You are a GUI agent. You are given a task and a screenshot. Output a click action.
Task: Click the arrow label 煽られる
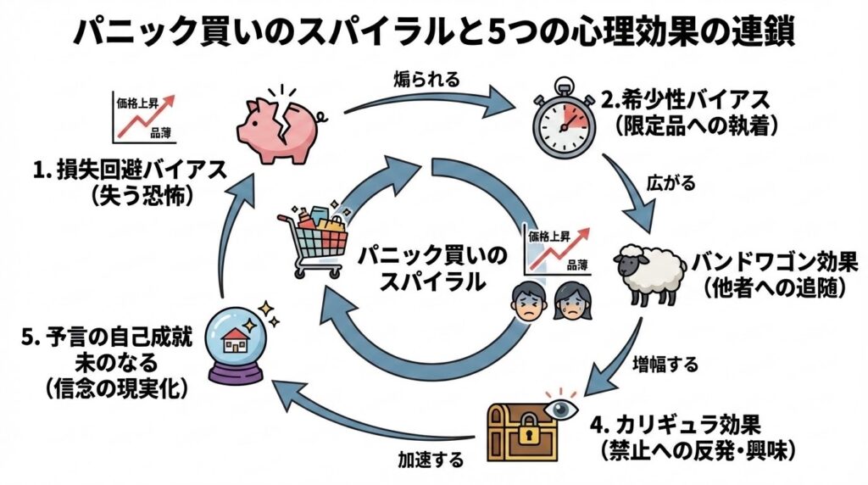pyautogui.click(x=427, y=81)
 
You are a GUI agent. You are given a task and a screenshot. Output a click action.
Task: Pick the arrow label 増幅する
pyautogui.click(x=667, y=365)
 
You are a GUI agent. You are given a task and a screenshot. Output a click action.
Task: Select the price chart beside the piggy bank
pyautogui.click(x=142, y=118)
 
